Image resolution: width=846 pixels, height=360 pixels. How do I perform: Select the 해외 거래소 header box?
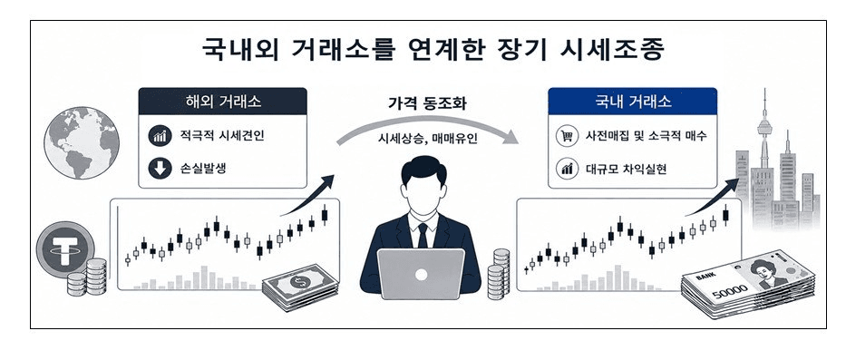tap(223, 102)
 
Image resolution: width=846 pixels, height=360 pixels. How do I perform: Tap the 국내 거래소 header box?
tap(632, 101)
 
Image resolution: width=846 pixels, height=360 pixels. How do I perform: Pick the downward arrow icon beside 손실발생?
tap(160, 169)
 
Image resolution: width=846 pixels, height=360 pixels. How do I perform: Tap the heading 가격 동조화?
tap(427, 103)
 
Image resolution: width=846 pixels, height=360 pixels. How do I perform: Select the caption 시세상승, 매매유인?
tap(427, 138)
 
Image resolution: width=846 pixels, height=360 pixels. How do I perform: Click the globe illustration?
tap(81, 143)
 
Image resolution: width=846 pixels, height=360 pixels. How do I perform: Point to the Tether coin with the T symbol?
tap(64, 250)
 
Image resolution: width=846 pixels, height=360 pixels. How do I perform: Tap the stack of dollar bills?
tap(300, 289)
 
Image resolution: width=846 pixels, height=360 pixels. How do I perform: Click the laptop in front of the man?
tap(422, 274)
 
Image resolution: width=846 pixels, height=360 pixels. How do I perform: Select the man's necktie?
tap(423, 236)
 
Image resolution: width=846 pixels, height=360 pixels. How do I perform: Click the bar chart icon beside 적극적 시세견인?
tap(160, 135)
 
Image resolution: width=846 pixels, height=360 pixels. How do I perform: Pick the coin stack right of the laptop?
tap(499, 274)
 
